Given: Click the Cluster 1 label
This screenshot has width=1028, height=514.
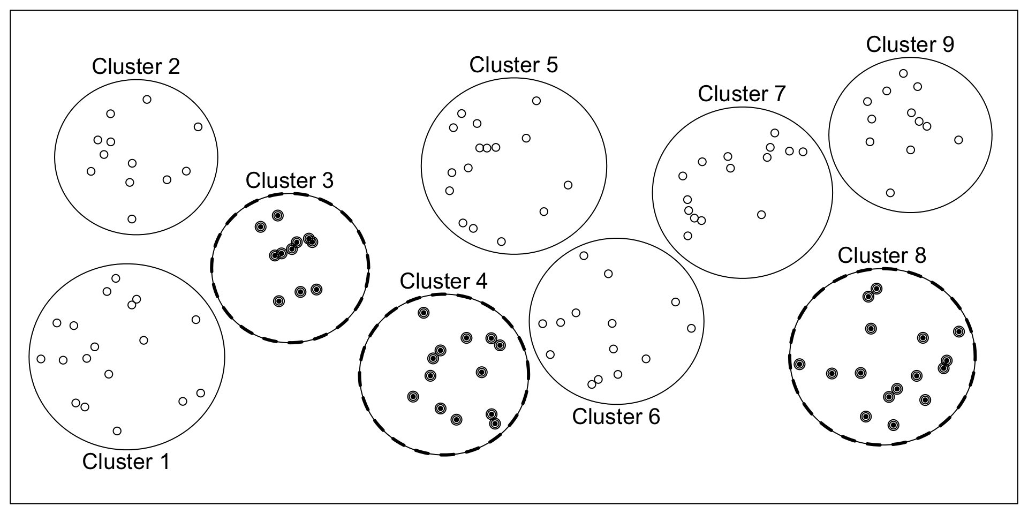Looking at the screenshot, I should coord(126,462).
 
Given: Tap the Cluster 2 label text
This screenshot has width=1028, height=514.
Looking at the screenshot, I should coord(136,67).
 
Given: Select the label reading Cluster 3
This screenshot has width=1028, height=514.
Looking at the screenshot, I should coord(289,181).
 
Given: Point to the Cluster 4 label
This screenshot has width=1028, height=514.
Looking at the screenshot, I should coord(443,281).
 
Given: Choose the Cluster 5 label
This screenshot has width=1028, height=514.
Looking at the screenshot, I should coord(513,65).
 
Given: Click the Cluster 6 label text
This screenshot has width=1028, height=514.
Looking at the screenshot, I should coord(616,417).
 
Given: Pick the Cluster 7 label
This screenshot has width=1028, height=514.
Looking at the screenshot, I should coord(742,94).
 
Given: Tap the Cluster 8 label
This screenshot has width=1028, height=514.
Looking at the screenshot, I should coord(881,256).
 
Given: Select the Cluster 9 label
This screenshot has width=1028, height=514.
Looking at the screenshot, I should coord(910,44).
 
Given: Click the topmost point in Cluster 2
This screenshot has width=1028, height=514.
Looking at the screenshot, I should coord(147,100).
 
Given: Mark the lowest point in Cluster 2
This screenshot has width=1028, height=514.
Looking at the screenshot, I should coord(132,219).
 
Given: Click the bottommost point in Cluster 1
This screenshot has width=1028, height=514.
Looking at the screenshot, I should coord(117,431).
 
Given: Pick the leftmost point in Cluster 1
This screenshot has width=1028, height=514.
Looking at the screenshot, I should coord(41,359).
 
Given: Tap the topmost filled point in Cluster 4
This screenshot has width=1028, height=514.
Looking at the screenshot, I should coord(424,313).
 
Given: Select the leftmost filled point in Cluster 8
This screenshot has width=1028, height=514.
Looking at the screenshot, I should coord(799,364).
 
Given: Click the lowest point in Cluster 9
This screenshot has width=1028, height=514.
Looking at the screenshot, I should coord(890,193).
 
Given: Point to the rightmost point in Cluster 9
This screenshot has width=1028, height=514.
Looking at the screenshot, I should coord(958,140).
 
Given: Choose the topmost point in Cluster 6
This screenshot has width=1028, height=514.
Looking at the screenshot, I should coord(584,256).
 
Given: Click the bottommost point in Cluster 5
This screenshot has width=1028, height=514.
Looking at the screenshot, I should coord(501,241).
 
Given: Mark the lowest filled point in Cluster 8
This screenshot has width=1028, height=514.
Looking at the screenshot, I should coord(893,425).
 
